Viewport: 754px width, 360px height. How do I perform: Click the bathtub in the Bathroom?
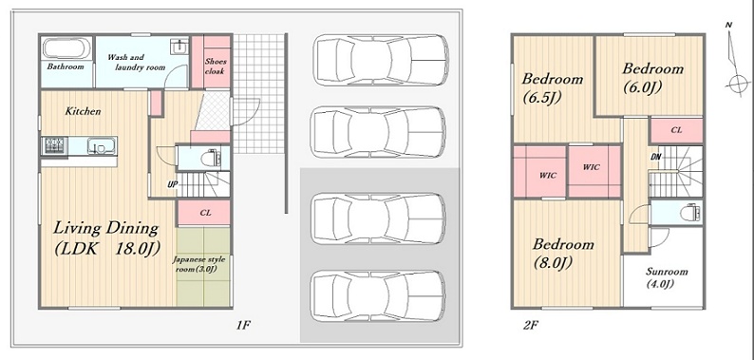pos(67,48)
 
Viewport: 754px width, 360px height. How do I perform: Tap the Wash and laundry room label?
pos(136,63)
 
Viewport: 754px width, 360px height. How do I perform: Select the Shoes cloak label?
pos(216,66)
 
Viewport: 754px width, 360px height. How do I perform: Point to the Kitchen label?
pos(84,112)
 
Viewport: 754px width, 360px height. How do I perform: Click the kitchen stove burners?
pos(55,145)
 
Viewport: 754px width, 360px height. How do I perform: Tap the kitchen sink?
pos(102,145)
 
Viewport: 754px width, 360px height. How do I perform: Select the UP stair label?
pos(172,184)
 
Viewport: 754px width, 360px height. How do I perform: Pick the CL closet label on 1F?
pos(205,213)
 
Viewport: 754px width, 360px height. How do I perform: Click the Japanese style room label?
pos(199,264)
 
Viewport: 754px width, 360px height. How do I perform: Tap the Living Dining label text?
pos(105,228)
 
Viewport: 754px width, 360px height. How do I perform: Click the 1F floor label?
pos(243,326)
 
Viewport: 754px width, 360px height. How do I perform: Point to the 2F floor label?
pos(531,326)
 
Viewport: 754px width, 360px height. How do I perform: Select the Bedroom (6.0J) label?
pos(652,78)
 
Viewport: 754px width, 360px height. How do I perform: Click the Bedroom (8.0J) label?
pos(562,254)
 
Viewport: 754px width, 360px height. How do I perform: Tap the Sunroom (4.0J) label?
pos(667,277)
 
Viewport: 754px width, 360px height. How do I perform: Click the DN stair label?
pos(655,157)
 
